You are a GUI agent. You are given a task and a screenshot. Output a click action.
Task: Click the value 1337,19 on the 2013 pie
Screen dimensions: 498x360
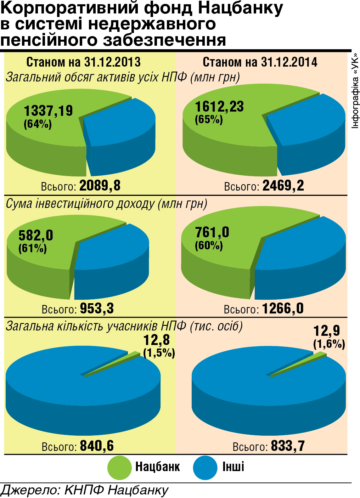[x=48, y=111]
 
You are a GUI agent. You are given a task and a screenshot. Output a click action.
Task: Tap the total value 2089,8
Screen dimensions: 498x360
[x=100, y=186]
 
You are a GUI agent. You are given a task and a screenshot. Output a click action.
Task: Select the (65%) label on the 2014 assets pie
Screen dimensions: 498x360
[x=209, y=119]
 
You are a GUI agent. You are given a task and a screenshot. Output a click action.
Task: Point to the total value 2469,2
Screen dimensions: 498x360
[x=283, y=186]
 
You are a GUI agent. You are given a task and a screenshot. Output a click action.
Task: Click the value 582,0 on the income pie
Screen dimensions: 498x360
[x=36, y=235]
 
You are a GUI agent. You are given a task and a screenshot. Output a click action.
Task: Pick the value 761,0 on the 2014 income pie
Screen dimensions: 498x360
[x=212, y=232]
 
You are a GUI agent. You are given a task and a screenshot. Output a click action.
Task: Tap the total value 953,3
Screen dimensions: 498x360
[x=97, y=309]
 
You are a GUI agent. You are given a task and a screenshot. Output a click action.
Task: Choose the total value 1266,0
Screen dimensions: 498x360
[x=283, y=309]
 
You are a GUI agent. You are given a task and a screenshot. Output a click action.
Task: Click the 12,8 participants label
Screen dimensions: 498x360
[x=156, y=340]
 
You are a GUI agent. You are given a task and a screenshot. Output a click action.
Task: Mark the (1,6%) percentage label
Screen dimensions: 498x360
[x=329, y=344]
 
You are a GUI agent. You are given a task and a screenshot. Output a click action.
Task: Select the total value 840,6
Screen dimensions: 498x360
[x=97, y=446]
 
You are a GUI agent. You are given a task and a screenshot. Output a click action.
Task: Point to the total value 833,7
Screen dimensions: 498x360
[x=288, y=446]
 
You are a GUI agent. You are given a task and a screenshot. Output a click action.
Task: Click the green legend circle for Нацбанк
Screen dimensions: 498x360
[x=119, y=468]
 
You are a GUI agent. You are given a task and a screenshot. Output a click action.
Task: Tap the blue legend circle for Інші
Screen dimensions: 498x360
[x=205, y=468]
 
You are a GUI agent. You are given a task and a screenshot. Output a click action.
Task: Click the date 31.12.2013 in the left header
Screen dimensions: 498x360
[x=112, y=62]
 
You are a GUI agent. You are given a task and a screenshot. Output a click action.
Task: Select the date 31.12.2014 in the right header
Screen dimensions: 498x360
[x=289, y=62]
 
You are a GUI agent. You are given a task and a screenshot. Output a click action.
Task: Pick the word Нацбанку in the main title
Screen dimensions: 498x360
[x=240, y=8]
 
